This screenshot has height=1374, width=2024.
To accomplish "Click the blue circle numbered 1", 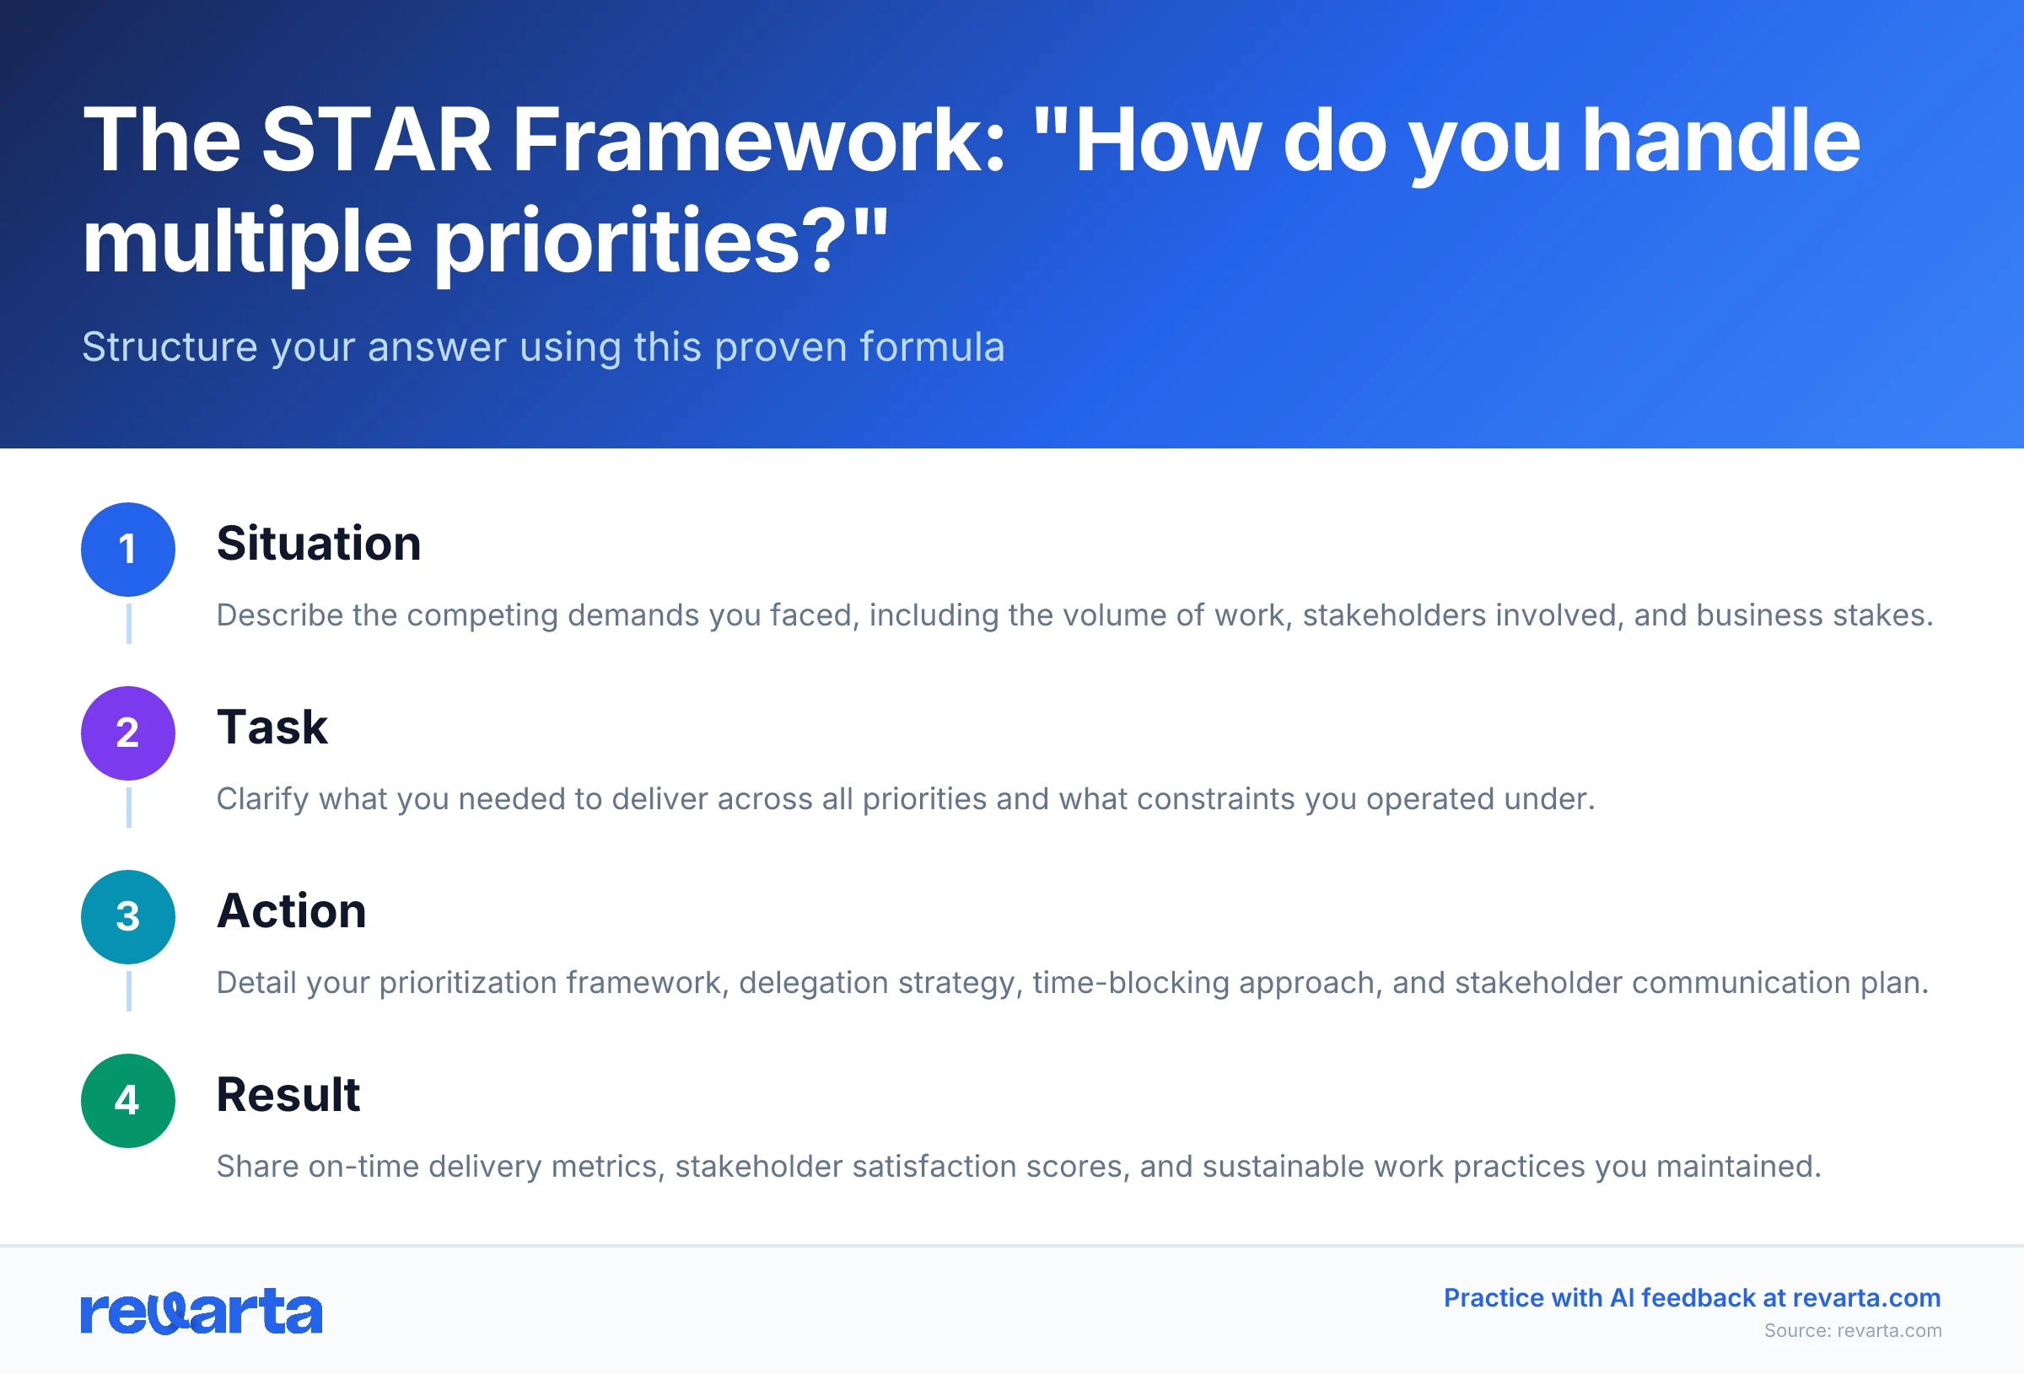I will tap(128, 550).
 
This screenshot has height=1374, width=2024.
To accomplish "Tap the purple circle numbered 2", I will tap(128, 733).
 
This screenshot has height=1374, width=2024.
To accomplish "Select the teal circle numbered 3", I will tap(128, 917).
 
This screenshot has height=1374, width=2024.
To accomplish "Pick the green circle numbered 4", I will tap(128, 1101).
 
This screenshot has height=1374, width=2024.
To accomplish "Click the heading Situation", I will tap(319, 544).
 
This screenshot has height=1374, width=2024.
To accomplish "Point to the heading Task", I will tap(272, 727).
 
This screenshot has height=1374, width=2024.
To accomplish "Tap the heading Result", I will tap(288, 1094).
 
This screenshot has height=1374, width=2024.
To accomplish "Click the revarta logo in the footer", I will tap(202, 1312).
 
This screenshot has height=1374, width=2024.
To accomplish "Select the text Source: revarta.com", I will tap(1853, 1330).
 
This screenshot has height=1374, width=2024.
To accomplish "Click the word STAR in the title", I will tap(376, 141).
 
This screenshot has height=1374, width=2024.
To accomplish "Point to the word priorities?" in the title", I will tap(660, 242).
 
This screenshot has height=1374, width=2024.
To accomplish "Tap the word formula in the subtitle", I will tap(932, 346).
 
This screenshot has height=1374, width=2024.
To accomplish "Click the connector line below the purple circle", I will tap(129, 808).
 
